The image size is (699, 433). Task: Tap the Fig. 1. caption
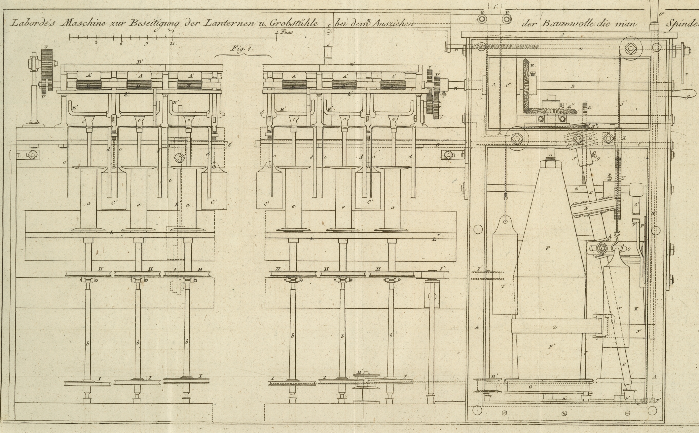(x=241, y=49)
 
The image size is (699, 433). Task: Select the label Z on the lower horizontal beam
(x=555, y=327)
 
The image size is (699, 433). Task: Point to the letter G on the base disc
(x=531, y=386)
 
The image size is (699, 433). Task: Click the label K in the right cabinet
(x=636, y=308)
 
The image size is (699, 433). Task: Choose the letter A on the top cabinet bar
(x=562, y=35)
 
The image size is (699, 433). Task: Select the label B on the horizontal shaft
(x=573, y=86)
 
